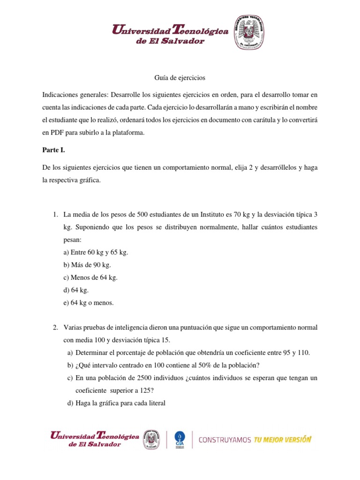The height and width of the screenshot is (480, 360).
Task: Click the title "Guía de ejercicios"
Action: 180,77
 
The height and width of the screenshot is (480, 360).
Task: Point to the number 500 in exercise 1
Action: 143,214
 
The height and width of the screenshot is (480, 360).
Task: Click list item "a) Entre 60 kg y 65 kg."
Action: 96,252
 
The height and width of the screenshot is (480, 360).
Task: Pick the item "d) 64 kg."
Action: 76,290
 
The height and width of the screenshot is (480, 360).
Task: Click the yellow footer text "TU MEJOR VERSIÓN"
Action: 283,440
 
